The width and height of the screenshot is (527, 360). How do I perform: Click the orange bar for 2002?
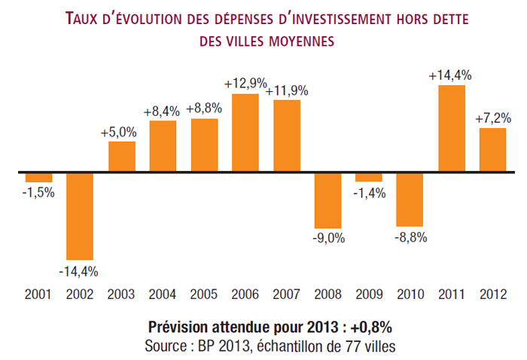pos(80,216)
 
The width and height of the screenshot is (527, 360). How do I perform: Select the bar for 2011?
pos(452,129)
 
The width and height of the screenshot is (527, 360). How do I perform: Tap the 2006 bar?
pos(245,133)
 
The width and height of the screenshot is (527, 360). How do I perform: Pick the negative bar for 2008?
pos(327,200)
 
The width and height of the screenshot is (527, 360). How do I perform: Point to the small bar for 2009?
pos(369,178)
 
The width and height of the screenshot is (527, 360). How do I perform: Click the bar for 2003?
pos(121,157)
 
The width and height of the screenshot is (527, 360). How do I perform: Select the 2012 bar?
pos(492,150)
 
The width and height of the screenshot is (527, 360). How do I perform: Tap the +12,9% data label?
pos(245,83)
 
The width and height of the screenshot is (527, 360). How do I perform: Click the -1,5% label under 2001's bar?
pos(38,193)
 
